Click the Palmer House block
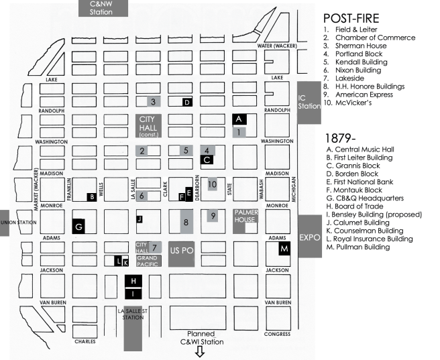tap(247, 218)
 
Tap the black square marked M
tap(284, 249)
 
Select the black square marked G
tap(78, 226)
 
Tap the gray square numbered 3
tap(154, 102)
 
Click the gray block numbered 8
tap(186, 221)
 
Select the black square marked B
tap(91, 196)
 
